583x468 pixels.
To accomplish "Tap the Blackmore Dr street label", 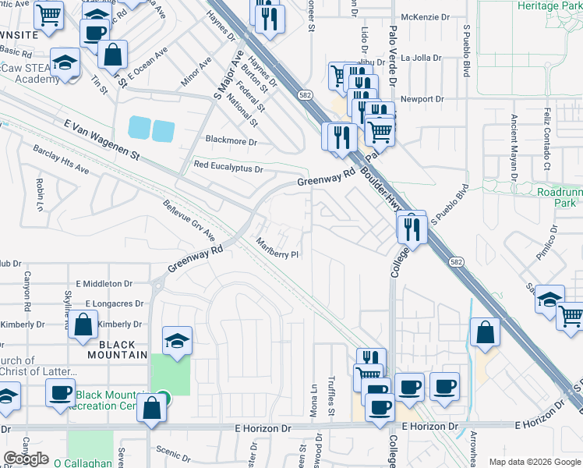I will pyautogui.click(x=231, y=142).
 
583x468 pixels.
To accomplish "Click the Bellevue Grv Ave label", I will pyautogui.click(x=189, y=219).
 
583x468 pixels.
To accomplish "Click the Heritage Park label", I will pyautogui.click(x=549, y=5).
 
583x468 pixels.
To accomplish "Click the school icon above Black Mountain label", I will pyautogui.click(x=177, y=339).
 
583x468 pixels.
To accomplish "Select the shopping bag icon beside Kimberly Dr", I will pyautogui.click(x=83, y=324).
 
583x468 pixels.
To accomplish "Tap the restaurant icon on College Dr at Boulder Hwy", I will pyautogui.click(x=412, y=228).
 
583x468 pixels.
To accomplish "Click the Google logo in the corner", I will pyautogui.click(x=26, y=459).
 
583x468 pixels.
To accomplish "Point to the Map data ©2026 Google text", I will pyautogui.click(x=535, y=462).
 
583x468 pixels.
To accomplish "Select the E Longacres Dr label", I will pyautogui.click(x=115, y=303).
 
